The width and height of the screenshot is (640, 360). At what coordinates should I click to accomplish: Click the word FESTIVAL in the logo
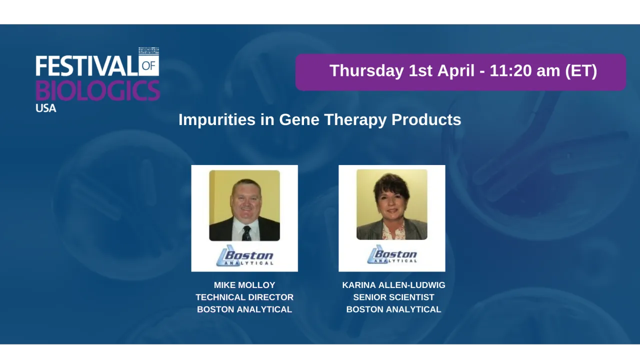(x=86, y=65)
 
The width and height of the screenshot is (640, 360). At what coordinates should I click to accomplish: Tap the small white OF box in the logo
(x=148, y=65)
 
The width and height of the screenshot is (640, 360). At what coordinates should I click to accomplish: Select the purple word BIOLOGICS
(x=97, y=90)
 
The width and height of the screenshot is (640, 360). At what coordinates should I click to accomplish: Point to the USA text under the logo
(x=45, y=107)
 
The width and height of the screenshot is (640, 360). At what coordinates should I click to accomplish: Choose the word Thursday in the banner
(x=366, y=71)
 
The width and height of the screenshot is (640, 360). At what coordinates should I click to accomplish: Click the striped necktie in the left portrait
(x=246, y=233)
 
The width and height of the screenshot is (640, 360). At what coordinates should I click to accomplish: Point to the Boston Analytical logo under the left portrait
(x=244, y=256)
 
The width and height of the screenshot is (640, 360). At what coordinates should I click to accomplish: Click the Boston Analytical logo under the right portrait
(x=392, y=255)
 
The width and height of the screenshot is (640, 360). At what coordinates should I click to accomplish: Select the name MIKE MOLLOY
(x=244, y=285)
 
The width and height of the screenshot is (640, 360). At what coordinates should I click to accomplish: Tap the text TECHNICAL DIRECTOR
(x=244, y=297)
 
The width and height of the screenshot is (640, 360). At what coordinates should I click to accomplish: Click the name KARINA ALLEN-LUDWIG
(x=393, y=285)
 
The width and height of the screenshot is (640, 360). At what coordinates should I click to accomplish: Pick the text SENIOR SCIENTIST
(x=393, y=297)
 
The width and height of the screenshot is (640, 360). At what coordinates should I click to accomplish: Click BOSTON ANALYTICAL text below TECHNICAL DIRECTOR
(x=244, y=309)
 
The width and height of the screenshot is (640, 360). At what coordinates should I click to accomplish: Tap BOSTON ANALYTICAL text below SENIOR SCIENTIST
(x=393, y=309)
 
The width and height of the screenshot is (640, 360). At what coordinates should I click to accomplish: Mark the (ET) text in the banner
(x=580, y=71)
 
